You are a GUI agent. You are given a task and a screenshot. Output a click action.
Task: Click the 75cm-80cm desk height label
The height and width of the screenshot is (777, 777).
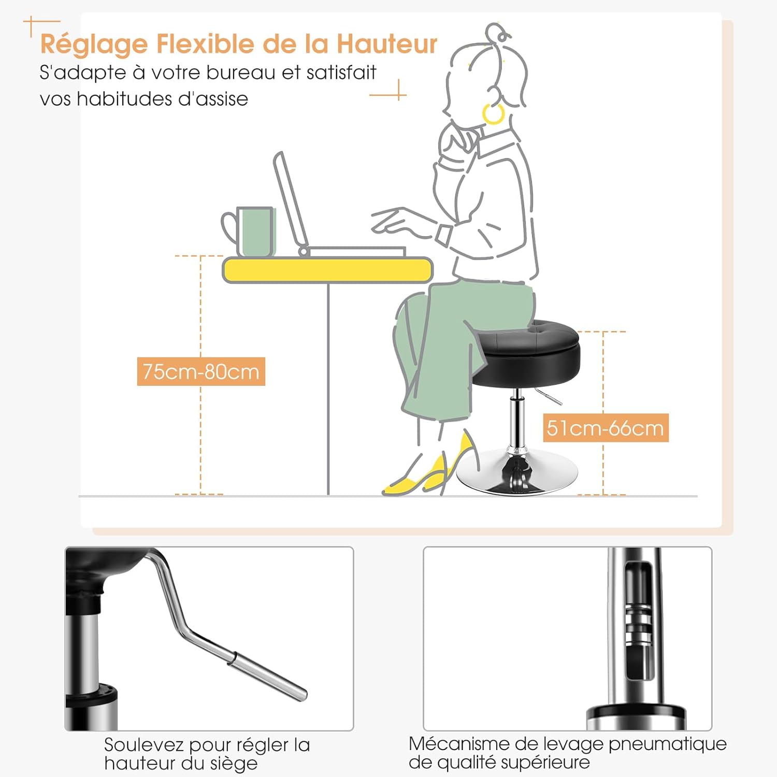(201, 371)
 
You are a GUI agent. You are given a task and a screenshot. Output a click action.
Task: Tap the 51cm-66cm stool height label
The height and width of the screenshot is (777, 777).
(606, 428)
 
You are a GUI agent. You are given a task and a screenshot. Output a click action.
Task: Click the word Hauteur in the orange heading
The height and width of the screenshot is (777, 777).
(387, 44)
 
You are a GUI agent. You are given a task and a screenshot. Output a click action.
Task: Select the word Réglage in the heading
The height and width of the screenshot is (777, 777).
(94, 45)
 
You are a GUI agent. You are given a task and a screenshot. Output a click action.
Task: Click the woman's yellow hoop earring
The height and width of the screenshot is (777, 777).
(493, 113)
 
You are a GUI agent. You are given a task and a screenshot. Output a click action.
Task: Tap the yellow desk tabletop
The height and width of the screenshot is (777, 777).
(327, 270)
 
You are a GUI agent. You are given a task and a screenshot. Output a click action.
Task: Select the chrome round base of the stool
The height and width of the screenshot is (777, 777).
(516, 472)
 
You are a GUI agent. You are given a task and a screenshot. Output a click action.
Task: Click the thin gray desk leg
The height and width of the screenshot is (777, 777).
(328, 389)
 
